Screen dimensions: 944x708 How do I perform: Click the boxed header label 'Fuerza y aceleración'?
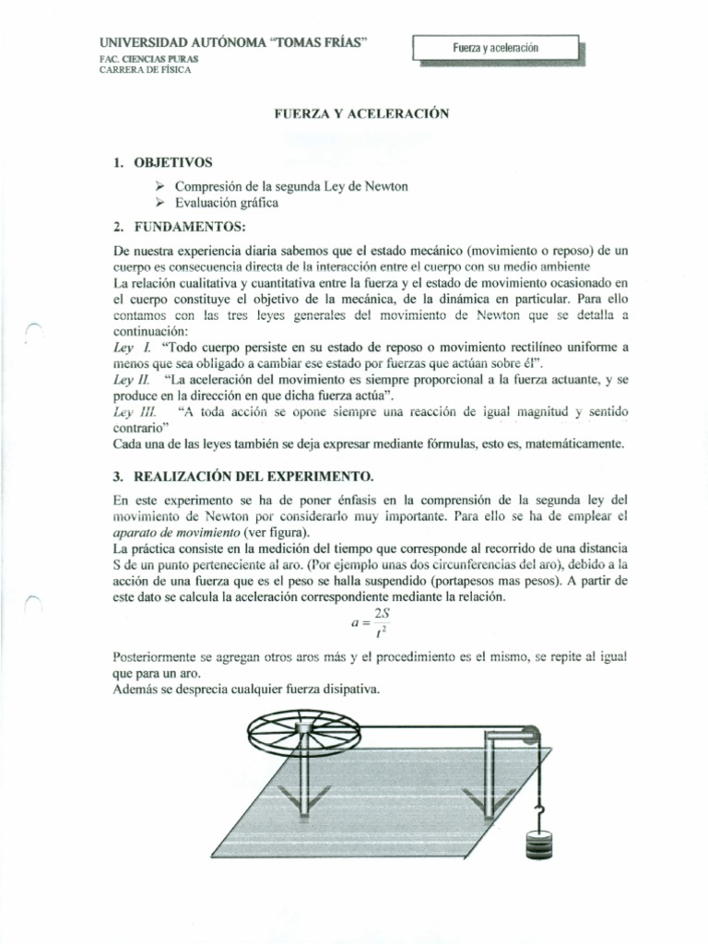tap(495, 47)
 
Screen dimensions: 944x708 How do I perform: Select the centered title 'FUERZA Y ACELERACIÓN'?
tap(360, 114)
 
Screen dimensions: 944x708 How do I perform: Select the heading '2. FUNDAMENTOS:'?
tap(173, 226)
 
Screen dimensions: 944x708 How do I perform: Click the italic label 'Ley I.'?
tap(130, 348)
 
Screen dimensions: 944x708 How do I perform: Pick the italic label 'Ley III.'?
tap(134, 411)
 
